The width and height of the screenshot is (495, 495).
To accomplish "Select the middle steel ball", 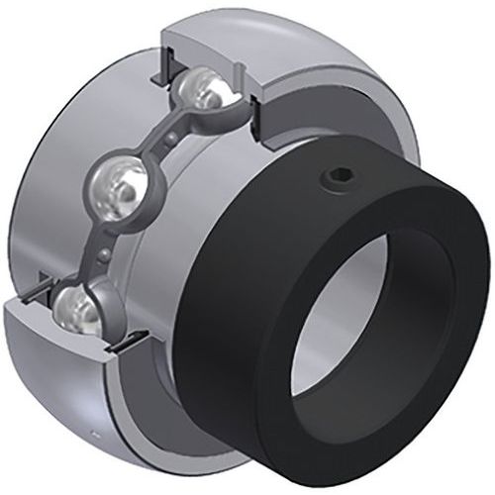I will click(119, 189).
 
